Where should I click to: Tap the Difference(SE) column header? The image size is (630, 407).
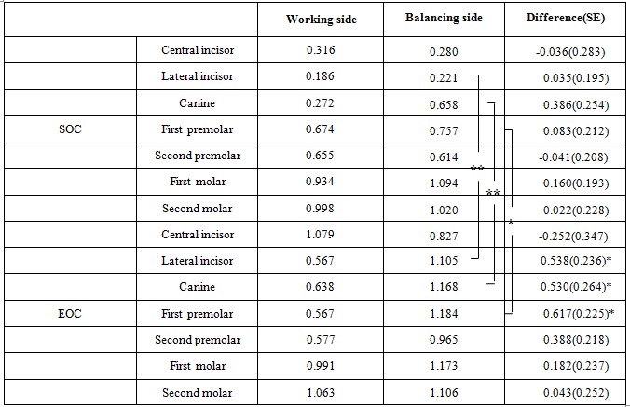pyautogui.click(x=568, y=20)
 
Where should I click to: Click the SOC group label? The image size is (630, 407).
pyautogui.click(x=70, y=129)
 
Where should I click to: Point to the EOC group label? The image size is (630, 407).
pyautogui.click(x=70, y=313)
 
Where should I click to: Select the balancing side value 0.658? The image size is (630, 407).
pyautogui.click(x=444, y=102)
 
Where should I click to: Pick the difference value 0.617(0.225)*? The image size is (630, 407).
pyautogui.click(x=570, y=314)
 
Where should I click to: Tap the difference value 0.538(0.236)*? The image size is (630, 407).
pyautogui.click(x=570, y=261)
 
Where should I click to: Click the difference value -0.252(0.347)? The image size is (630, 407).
pyautogui.click(x=568, y=235)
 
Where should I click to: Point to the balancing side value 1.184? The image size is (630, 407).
pyautogui.click(x=444, y=314)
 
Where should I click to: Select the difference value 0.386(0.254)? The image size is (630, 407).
pyautogui.click(x=568, y=102)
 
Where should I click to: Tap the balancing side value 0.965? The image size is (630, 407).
pyautogui.click(x=444, y=340)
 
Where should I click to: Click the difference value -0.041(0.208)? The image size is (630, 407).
pyautogui.click(x=568, y=156)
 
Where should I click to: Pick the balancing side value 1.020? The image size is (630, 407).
pyautogui.click(x=444, y=209)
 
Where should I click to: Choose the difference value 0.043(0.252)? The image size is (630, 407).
pyautogui.click(x=568, y=393)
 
